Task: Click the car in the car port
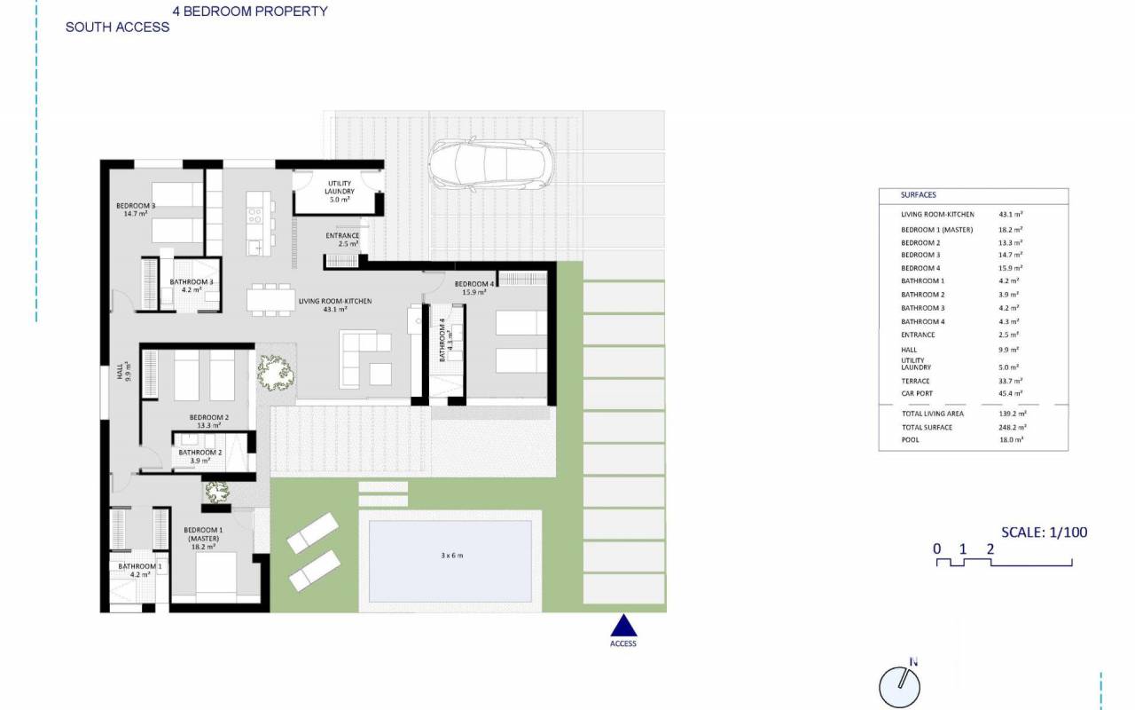pyautogui.click(x=490, y=164)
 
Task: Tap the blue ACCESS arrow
pyautogui.click(x=623, y=626)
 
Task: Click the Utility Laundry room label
pyautogui.click(x=340, y=192)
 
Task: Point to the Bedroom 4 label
pyautogui.click(x=474, y=288)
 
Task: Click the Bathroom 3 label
pyautogui.click(x=191, y=286)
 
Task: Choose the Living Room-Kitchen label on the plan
pyautogui.click(x=335, y=304)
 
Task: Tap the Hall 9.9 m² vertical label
pyautogui.click(x=123, y=371)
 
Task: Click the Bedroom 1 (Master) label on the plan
pyautogui.click(x=203, y=538)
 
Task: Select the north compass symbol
pyautogui.click(x=900, y=684)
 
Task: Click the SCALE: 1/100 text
pyautogui.click(x=1045, y=532)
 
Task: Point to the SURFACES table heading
pyautogui.click(x=918, y=194)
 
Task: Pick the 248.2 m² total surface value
pyautogui.click(x=1013, y=427)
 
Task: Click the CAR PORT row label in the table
pyautogui.click(x=917, y=393)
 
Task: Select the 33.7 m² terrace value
pyautogui.click(x=1010, y=381)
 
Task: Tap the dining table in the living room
pyautogui.click(x=270, y=300)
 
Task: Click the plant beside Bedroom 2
pyautogui.click(x=275, y=373)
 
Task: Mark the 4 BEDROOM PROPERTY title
pyautogui.click(x=250, y=12)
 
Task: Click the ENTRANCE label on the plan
pyautogui.click(x=342, y=240)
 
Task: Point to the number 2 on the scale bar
pyautogui.click(x=990, y=548)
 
